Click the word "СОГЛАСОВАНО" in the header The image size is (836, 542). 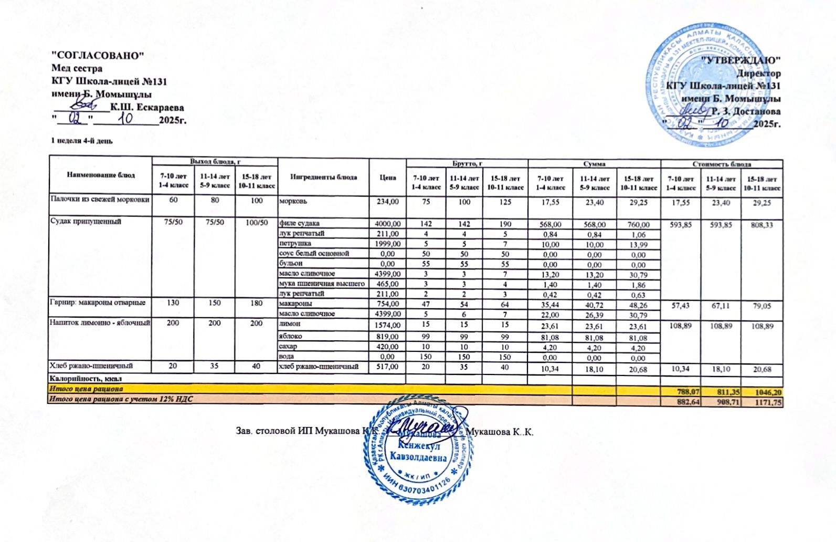[x=97, y=55]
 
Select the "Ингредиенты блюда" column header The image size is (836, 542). [x=323, y=177]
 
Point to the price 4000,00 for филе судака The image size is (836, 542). [x=388, y=224]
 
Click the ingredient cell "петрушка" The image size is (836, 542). [x=295, y=244]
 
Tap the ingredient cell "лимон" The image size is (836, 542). [x=290, y=325]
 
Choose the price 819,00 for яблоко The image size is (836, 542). [x=388, y=337]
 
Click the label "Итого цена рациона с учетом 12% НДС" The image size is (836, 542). [x=120, y=400]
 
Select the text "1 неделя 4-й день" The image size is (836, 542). [x=81, y=141]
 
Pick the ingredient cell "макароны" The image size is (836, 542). [x=295, y=304]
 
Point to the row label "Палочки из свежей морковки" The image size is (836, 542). [x=100, y=200]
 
